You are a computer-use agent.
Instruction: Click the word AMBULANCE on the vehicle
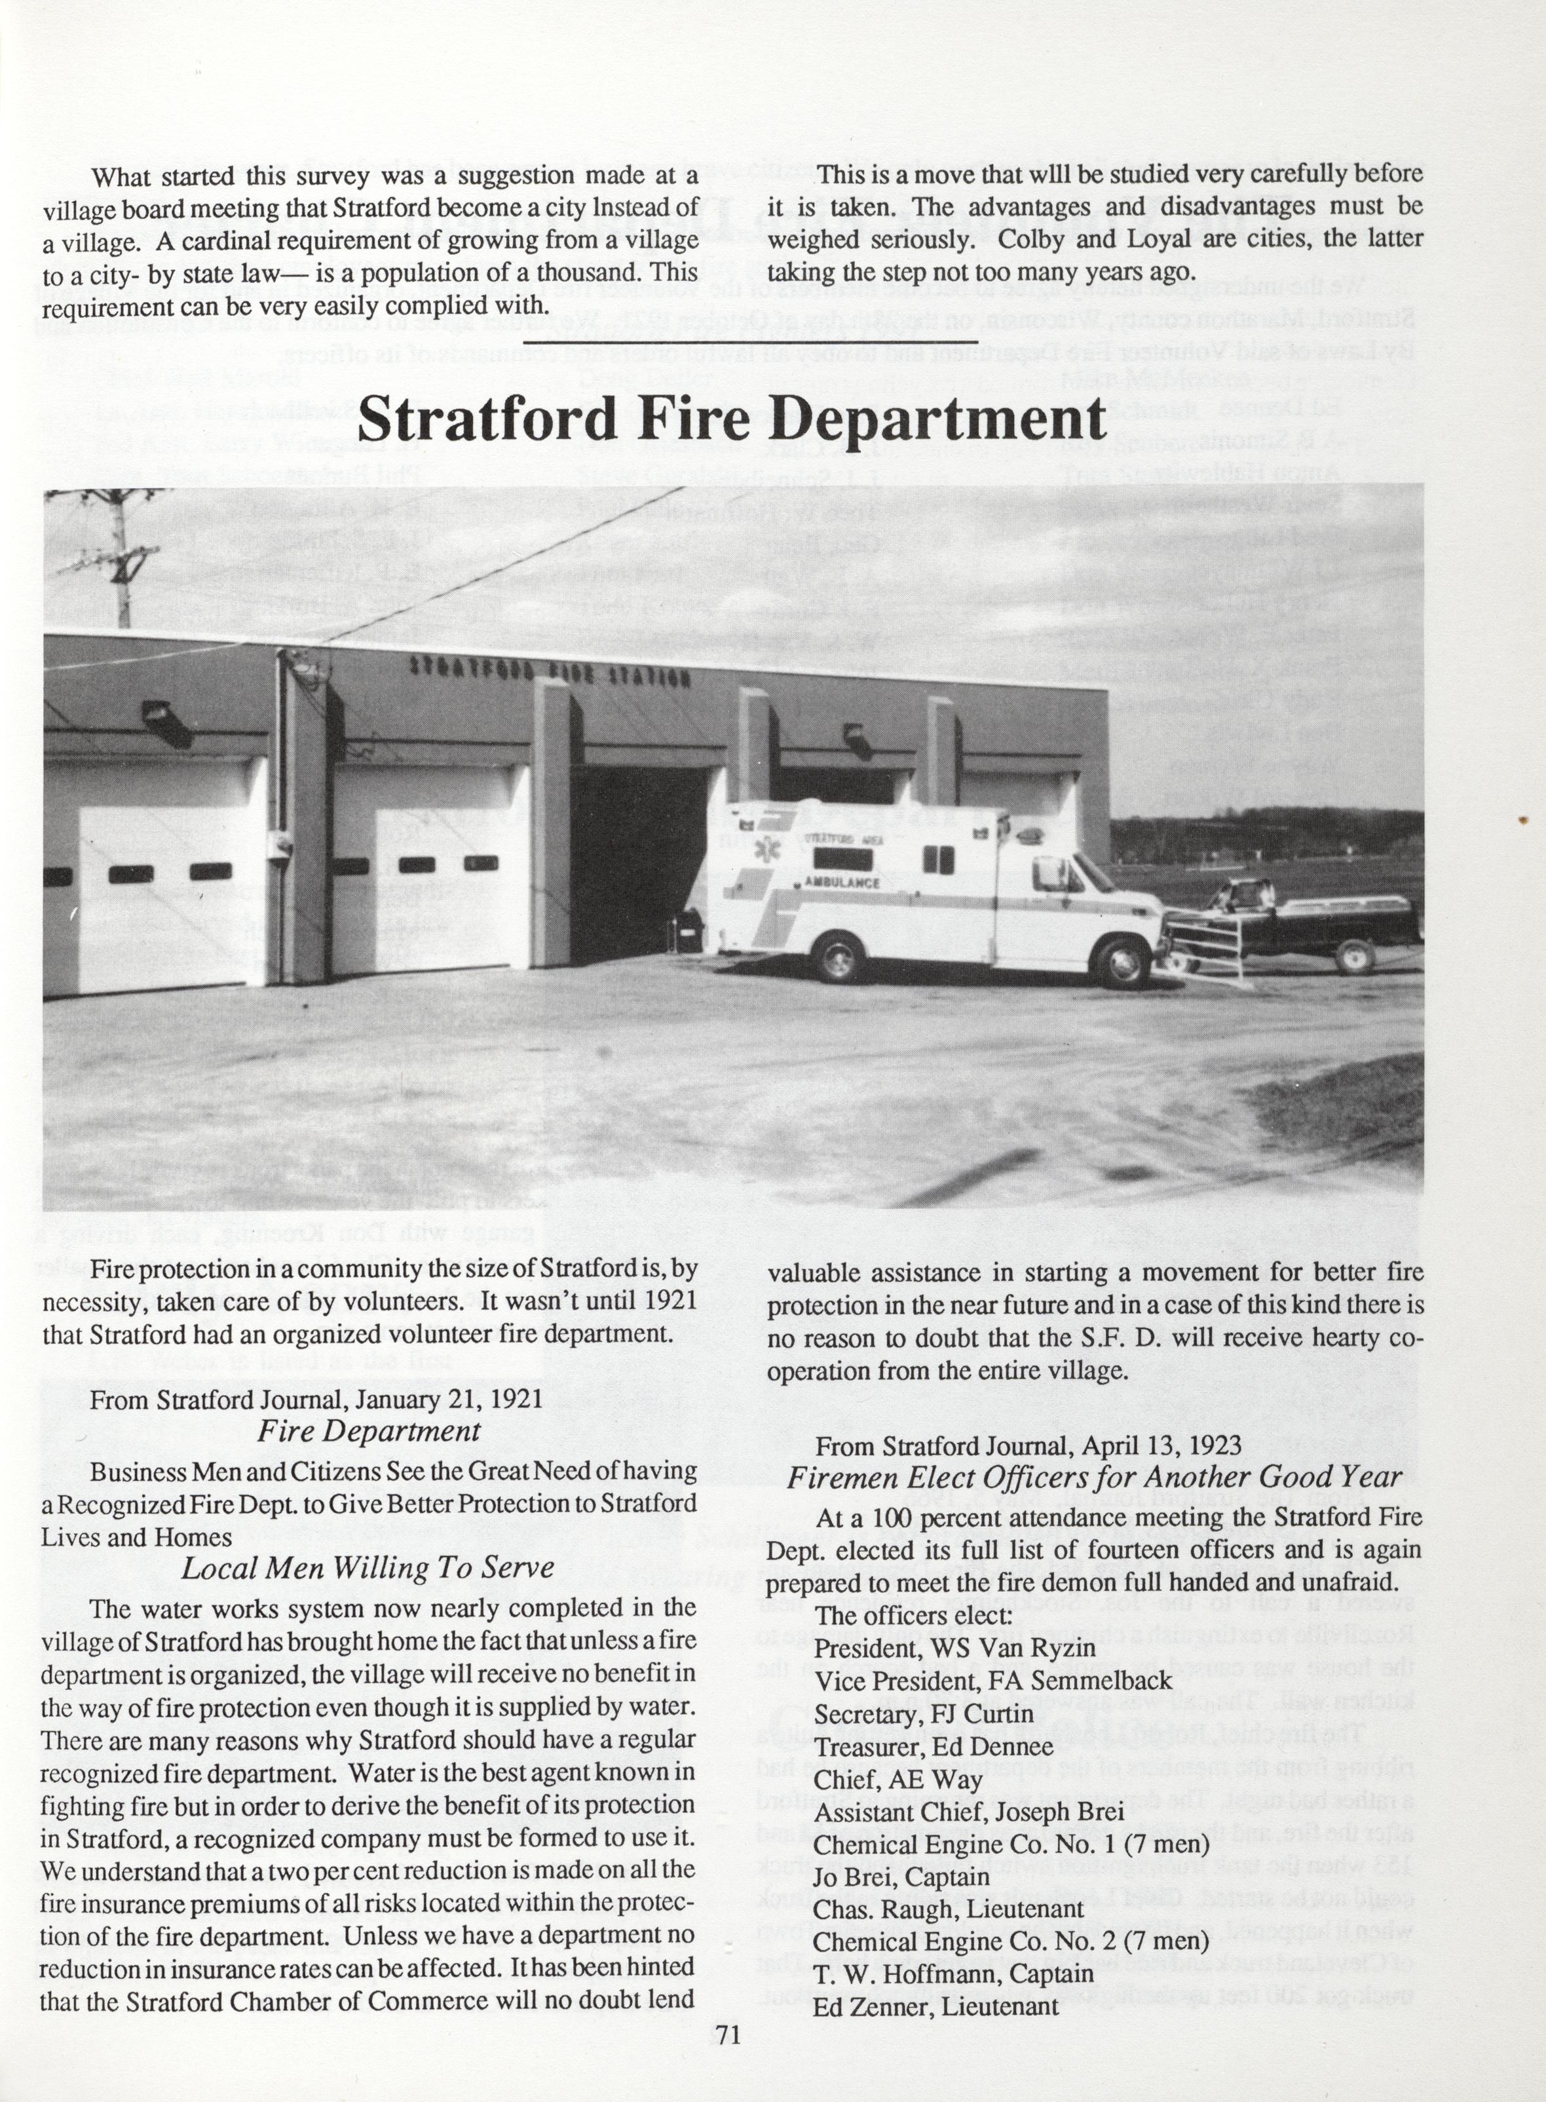pos(841,883)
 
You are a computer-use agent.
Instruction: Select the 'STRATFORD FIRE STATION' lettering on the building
pos(550,672)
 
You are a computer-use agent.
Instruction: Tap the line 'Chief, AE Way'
pos(897,1779)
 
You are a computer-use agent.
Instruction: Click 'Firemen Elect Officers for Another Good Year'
pos(1095,1478)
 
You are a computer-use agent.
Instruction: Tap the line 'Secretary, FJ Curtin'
pos(924,1713)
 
